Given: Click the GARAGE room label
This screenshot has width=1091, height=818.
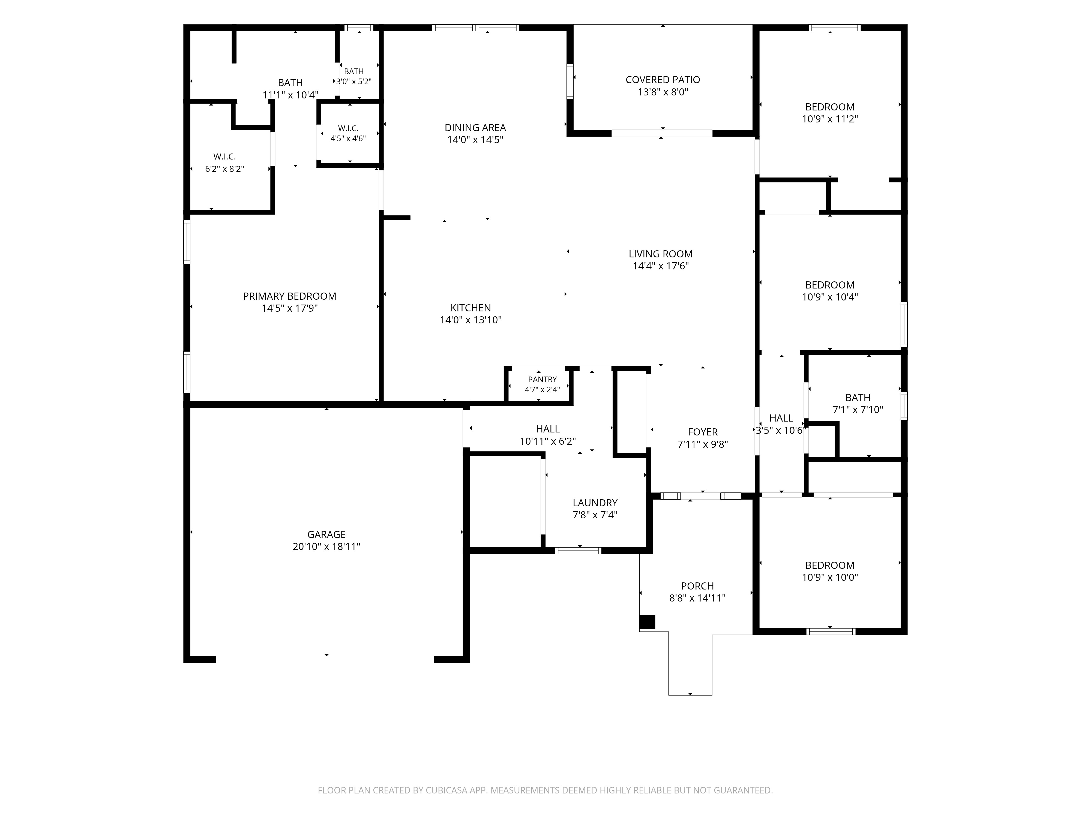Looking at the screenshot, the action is [x=326, y=534].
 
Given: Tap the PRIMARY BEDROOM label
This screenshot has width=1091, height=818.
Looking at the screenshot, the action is [x=289, y=296].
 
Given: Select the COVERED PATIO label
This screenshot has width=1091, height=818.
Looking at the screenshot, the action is [x=663, y=80].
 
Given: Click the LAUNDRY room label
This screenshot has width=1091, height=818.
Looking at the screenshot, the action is [x=595, y=503].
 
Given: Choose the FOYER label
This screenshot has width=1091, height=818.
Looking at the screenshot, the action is [x=703, y=432].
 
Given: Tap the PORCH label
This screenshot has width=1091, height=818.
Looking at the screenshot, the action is [x=697, y=586].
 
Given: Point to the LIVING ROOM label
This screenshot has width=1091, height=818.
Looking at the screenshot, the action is [x=660, y=254].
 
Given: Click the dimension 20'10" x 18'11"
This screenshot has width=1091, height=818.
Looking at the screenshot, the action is [x=326, y=547].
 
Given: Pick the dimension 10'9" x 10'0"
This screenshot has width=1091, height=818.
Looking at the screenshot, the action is [x=830, y=578].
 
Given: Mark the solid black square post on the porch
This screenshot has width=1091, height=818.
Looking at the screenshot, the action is [x=647, y=622].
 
